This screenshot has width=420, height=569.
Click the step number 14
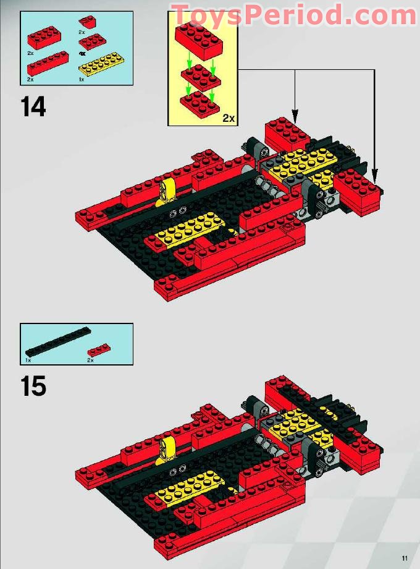click(33, 106)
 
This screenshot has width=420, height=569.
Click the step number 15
click(33, 387)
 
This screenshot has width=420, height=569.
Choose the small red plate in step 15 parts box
click(99, 349)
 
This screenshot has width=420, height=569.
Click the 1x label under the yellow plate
click(82, 80)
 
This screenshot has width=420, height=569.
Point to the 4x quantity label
click(82, 54)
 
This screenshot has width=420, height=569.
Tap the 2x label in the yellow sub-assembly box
click(229, 118)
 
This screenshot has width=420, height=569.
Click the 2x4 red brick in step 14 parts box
click(44, 40)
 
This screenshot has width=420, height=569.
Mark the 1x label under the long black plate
click(28, 359)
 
